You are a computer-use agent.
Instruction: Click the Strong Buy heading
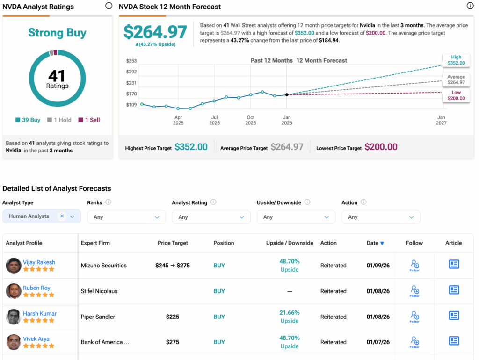tap(57, 33)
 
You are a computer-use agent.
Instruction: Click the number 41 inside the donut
tap(57, 75)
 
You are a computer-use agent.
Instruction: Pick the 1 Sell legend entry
tap(89, 120)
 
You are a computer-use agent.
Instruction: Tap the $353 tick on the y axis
tap(131, 61)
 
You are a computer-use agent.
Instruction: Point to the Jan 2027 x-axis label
tap(441, 120)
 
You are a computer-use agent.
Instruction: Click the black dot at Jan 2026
tap(287, 94)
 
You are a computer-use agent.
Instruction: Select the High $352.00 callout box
tap(456, 60)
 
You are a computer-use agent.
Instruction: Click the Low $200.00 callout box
tap(456, 95)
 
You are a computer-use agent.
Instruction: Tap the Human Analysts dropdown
tap(42, 216)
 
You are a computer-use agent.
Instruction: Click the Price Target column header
tap(173, 243)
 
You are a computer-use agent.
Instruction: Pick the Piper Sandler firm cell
tap(98, 317)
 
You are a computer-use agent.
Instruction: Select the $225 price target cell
tap(173, 317)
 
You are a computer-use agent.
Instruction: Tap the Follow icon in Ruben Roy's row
tap(414, 291)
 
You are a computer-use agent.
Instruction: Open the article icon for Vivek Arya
tap(454, 341)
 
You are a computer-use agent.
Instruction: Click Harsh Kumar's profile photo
tap(14, 317)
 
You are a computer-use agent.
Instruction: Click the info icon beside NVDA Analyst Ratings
tap(109, 6)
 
